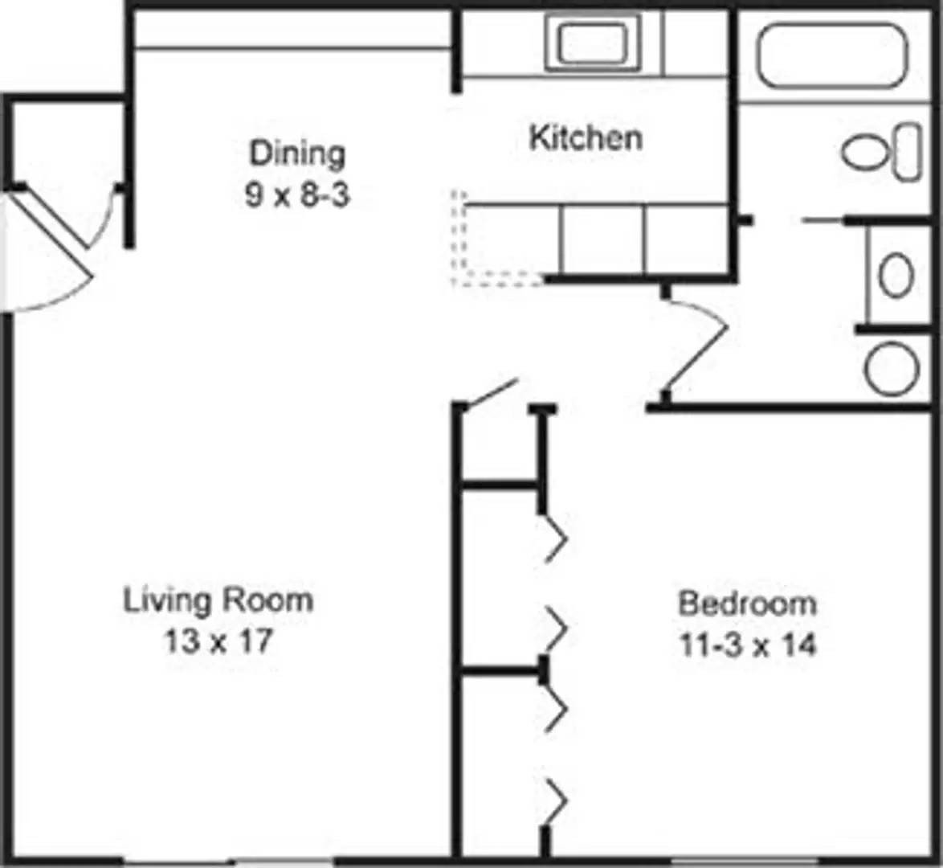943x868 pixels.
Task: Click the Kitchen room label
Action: [x=586, y=138]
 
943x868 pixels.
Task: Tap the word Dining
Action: [x=296, y=153]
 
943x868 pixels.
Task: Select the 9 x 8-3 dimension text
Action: [x=296, y=195]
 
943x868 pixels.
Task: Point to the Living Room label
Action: [x=218, y=600]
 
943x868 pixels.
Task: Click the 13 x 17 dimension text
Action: [x=218, y=642]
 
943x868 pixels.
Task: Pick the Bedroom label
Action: [x=747, y=603]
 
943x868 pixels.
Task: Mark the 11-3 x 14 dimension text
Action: [x=748, y=645]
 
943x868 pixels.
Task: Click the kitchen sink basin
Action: [x=593, y=43]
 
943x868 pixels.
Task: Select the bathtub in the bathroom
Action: [x=832, y=55]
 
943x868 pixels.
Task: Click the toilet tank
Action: [x=908, y=151]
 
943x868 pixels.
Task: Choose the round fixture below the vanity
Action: [x=892, y=368]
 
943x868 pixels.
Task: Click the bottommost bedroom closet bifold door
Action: [x=557, y=800]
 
